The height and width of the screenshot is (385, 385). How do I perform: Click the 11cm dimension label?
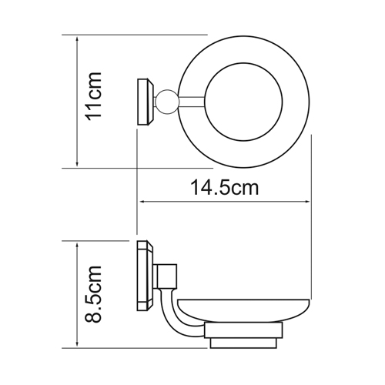point(94,96)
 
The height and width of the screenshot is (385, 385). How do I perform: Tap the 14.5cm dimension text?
point(225,188)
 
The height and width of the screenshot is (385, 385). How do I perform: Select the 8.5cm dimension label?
point(94,293)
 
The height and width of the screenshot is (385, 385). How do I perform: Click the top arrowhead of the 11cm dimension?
point(77,39)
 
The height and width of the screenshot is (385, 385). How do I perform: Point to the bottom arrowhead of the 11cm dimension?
point(77,163)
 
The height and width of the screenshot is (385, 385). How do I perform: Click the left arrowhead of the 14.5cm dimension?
point(142,202)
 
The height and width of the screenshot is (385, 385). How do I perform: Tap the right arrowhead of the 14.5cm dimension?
point(306,202)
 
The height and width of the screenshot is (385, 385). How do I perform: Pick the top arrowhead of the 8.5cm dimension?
point(77,246)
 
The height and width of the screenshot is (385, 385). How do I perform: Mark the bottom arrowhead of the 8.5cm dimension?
point(77,343)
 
